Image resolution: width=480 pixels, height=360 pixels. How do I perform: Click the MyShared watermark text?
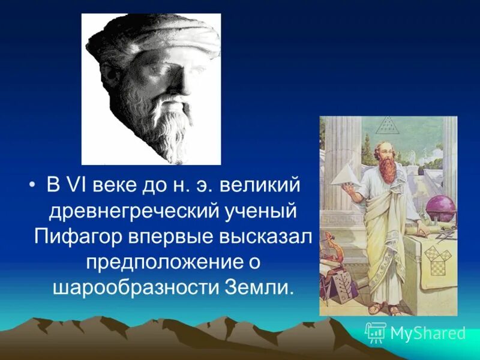tap(427, 333)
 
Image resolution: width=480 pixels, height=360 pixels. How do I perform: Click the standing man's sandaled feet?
tap(384, 310)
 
